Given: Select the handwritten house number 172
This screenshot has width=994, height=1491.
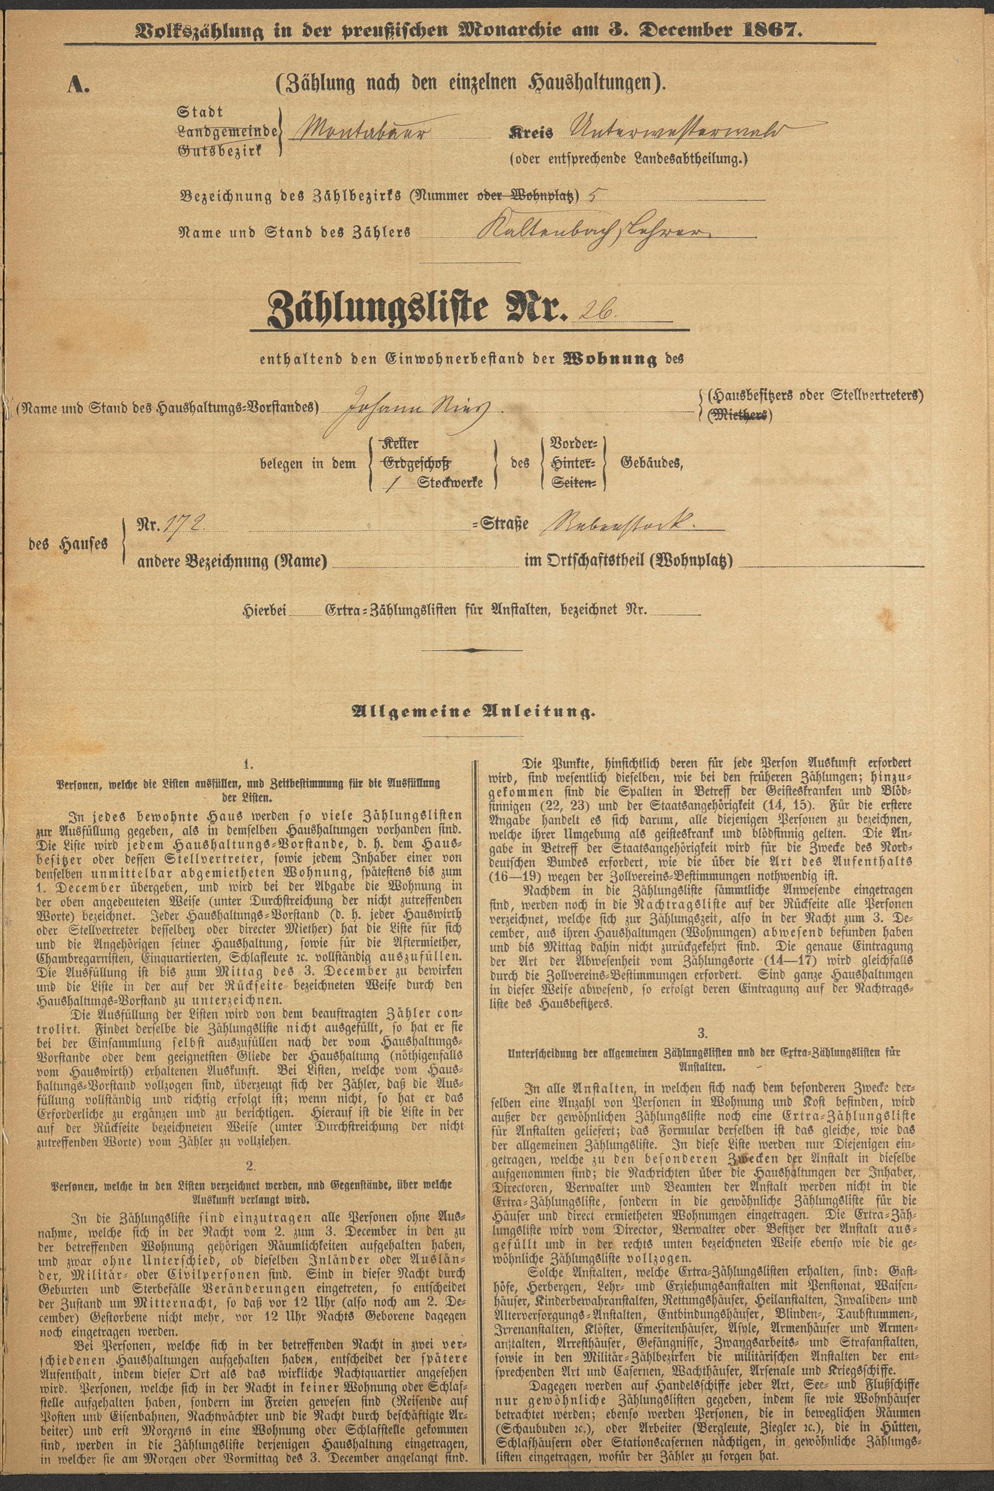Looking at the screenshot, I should pyautogui.click(x=181, y=524).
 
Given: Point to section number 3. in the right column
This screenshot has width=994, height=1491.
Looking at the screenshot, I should pyautogui.click(x=702, y=1033).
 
